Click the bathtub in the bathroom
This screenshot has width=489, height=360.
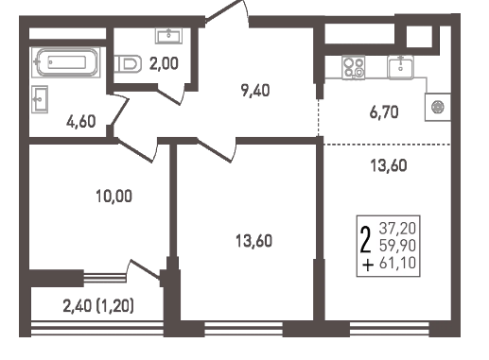pyautogui.click(x=66, y=62)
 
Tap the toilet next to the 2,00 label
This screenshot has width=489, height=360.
pyautogui.click(x=128, y=63)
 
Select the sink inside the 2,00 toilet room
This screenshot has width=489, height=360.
pyautogui.click(x=168, y=36)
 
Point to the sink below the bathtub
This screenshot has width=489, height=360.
pyautogui.click(x=40, y=99)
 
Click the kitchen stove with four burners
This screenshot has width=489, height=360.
pyautogui.click(x=354, y=67)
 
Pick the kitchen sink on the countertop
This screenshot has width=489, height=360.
pyautogui.click(x=401, y=67)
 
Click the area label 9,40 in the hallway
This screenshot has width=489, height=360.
pyautogui.click(x=255, y=91)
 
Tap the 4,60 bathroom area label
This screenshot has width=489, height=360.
pyautogui.click(x=81, y=121)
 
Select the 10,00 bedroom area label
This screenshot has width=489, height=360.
pyautogui.click(x=114, y=197)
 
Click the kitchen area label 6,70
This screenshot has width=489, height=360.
pyautogui.click(x=384, y=112)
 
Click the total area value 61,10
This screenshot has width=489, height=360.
pyautogui.click(x=397, y=263)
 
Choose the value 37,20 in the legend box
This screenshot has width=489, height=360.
pyautogui.click(x=397, y=229)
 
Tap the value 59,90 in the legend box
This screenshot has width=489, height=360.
pyautogui.click(x=397, y=246)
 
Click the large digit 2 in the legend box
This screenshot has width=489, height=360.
pyautogui.click(x=365, y=240)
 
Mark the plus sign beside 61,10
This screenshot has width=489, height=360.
pyautogui.click(x=368, y=266)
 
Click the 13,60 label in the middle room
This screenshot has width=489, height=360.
pyautogui.click(x=253, y=241)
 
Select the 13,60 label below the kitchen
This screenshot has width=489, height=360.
pyautogui.click(x=389, y=165)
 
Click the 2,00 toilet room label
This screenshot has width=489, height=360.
pyautogui.click(x=164, y=63)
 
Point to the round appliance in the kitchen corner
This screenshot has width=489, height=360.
pyautogui.click(x=438, y=107)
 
